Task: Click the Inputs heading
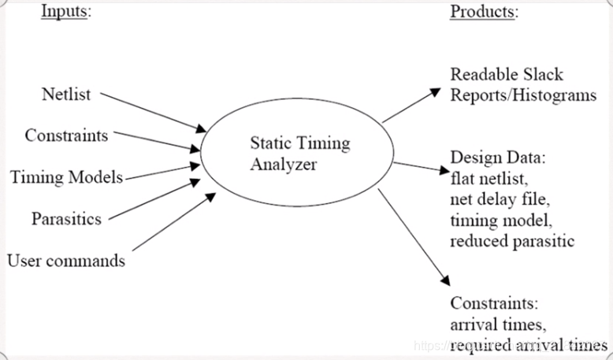coord(65,11)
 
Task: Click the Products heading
coord(484,11)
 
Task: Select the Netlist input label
coord(65,95)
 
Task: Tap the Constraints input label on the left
coord(66,135)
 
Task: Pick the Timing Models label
coord(66,177)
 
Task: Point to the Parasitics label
coord(66,218)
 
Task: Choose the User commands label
coord(66,260)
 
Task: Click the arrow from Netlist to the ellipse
coord(153,112)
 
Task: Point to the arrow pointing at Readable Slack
coord(411,106)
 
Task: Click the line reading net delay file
coord(501,199)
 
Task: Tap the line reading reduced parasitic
coord(512,240)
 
